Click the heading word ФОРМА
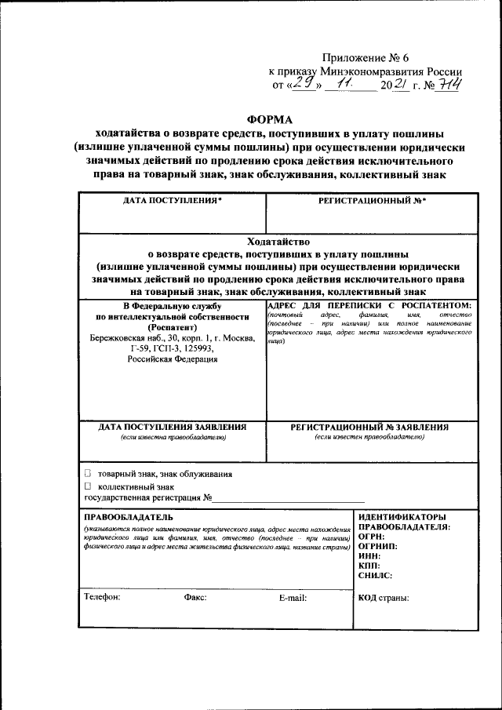point(269,119)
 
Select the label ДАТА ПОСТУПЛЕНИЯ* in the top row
point(173,201)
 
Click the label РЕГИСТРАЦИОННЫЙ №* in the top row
point(372,201)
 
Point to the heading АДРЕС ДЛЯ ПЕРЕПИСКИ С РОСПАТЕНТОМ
point(369,304)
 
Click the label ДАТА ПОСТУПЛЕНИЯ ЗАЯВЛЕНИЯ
point(173,427)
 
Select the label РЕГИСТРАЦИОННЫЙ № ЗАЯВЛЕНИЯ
point(369,427)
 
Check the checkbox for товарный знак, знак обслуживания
point(88,474)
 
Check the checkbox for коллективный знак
point(88,486)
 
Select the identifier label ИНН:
point(370,555)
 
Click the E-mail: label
point(293,598)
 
